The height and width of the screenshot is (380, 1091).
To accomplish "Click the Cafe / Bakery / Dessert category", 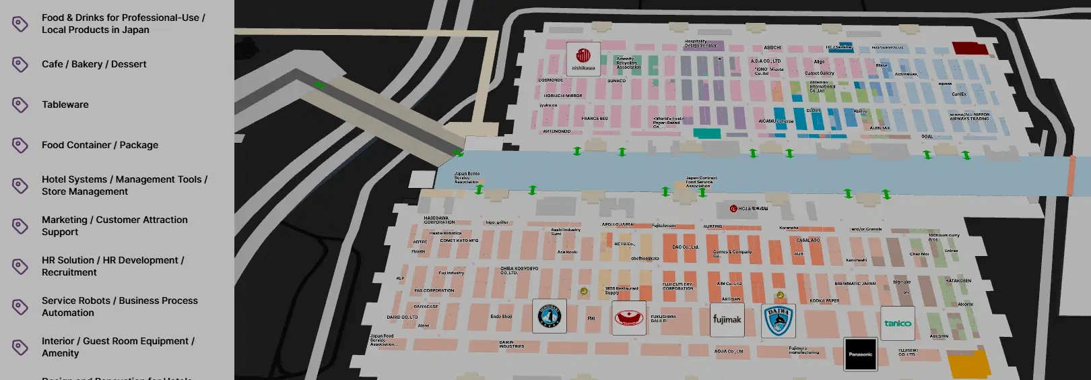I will [x=94, y=64].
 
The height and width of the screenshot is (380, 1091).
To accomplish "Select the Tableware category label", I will [x=65, y=104].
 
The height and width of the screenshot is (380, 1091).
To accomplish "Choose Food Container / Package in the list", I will [x=100, y=145].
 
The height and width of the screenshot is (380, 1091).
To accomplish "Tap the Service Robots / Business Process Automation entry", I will [x=119, y=307].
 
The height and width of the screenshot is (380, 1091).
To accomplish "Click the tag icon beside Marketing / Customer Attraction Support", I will [x=20, y=226].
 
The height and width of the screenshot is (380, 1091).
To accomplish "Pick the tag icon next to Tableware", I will [x=20, y=104].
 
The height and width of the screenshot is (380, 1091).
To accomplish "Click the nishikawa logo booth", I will [x=583, y=59].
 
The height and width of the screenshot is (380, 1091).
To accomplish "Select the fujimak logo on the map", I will [x=727, y=319].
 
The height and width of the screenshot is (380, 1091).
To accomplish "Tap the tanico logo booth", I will [x=897, y=323].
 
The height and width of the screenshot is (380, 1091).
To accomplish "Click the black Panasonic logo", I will [x=860, y=354].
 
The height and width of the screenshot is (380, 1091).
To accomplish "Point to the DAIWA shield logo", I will [x=779, y=321].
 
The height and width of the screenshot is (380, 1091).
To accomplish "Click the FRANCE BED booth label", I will [x=595, y=119].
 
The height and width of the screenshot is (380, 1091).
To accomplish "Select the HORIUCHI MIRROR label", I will [x=563, y=96].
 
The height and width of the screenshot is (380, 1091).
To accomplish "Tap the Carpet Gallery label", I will [x=820, y=73].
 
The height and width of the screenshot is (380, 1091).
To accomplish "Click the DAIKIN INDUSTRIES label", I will [x=511, y=344].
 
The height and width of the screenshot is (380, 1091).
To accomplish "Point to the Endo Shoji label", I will [x=501, y=316].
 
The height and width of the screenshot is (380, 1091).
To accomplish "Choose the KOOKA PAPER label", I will [x=824, y=300].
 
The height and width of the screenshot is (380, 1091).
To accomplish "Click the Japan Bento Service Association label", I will [x=467, y=178].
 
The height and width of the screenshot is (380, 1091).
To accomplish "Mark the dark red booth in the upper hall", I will [x=970, y=48].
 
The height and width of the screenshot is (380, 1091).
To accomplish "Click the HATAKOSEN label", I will [x=958, y=280].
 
